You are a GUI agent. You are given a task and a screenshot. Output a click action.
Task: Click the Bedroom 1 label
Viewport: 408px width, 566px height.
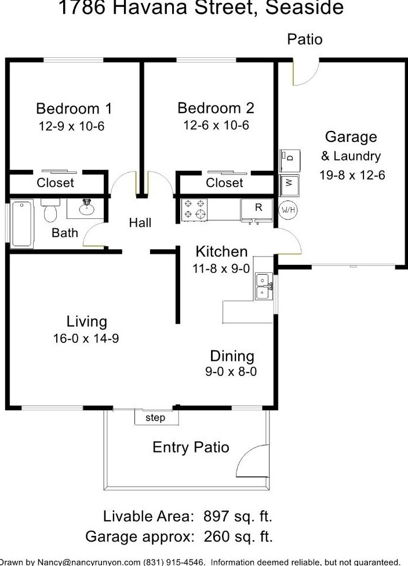(x=74, y=108)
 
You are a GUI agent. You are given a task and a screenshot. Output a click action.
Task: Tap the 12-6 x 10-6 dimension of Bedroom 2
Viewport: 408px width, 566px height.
(x=216, y=125)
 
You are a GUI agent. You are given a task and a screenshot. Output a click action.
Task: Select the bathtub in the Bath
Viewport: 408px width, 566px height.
(x=21, y=224)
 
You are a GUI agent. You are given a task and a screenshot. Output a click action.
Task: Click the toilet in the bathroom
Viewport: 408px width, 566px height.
(x=50, y=210)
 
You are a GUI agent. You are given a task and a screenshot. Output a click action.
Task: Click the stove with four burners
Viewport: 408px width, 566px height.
(x=194, y=209)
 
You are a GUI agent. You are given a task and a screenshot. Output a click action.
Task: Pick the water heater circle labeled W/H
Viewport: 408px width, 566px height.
(x=288, y=210)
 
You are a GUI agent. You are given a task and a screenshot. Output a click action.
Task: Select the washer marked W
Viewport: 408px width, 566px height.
(x=289, y=185)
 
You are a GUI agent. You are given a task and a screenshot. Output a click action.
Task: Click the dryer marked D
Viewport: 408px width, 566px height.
(x=290, y=160)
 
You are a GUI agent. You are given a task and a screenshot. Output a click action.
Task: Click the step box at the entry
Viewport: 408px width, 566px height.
(x=156, y=418)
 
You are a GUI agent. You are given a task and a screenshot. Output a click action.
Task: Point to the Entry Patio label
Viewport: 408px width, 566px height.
(x=191, y=447)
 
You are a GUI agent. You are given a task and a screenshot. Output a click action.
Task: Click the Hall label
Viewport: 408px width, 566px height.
(x=140, y=222)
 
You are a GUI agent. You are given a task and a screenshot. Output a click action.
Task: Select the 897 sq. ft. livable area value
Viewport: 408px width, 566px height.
(x=238, y=516)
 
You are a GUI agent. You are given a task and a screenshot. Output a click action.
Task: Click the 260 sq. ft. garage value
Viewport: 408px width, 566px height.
(x=238, y=536)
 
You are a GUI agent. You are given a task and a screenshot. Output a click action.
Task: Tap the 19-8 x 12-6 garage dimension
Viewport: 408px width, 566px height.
(x=352, y=175)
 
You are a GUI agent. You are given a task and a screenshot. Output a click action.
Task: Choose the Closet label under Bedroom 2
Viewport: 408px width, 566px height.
(x=224, y=182)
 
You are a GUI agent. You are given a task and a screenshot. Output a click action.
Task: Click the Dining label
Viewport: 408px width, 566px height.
(x=232, y=356)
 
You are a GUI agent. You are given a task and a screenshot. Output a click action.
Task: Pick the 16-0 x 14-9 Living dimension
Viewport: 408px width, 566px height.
(x=86, y=338)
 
